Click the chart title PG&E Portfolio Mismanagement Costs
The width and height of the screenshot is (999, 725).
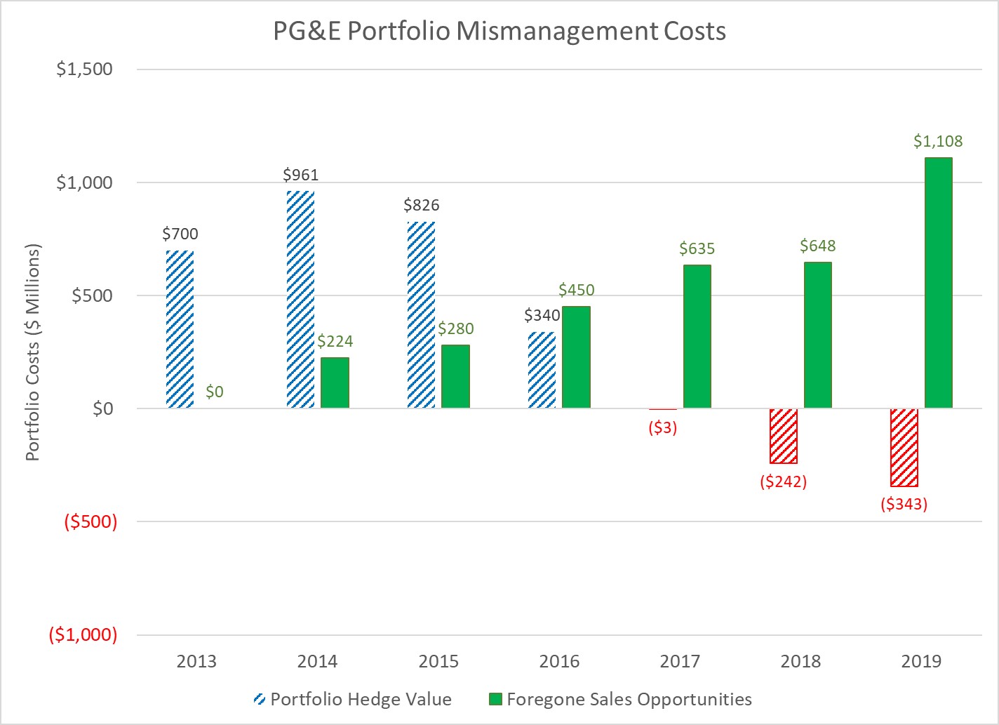(x=499, y=32)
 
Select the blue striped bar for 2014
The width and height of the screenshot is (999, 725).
(x=300, y=299)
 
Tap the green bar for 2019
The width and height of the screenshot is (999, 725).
(x=938, y=283)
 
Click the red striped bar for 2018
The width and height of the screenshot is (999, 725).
(x=783, y=436)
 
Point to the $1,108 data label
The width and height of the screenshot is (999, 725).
(x=938, y=141)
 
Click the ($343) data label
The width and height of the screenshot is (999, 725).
(x=904, y=504)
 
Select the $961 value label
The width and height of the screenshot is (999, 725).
(x=300, y=175)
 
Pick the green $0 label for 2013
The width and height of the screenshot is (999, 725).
(x=215, y=392)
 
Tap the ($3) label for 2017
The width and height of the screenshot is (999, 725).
(x=662, y=428)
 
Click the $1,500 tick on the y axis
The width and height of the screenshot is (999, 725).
(x=84, y=69)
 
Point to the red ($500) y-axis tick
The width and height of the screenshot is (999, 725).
(x=90, y=522)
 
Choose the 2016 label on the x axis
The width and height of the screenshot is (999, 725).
(x=559, y=661)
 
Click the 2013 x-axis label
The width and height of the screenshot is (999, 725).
(x=196, y=661)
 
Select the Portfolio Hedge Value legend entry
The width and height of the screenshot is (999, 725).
(x=352, y=699)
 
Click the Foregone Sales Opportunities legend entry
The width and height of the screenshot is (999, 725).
(x=620, y=699)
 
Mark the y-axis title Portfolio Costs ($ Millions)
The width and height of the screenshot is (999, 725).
(x=32, y=352)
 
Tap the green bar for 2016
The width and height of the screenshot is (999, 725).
(x=576, y=357)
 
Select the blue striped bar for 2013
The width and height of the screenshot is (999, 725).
(x=180, y=329)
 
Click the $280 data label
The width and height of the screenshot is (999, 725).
(x=456, y=328)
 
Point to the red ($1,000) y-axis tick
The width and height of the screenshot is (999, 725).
(x=83, y=635)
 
